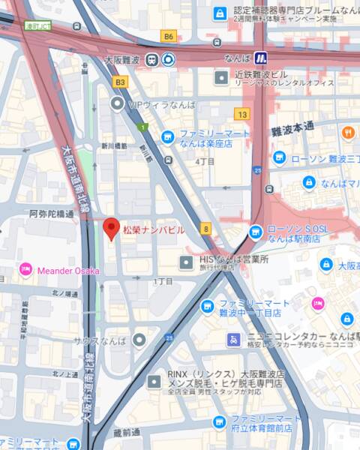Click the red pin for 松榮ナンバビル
[111, 228]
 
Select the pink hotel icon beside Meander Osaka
[25, 269]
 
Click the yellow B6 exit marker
[169, 36]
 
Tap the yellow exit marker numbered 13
[241, 114]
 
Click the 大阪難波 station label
[124, 58]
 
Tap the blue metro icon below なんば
[260, 58]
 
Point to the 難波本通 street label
[292, 130]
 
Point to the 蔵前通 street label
[128, 433]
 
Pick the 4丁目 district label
[205, 160]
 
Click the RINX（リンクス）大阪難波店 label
[226, 373]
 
